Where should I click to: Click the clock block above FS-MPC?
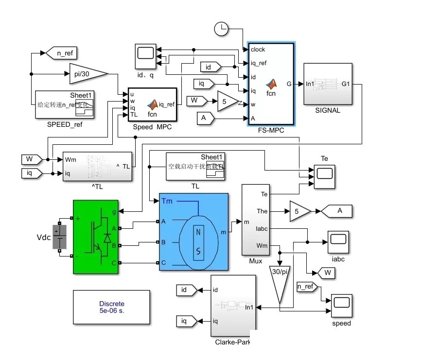(x=221, y=29)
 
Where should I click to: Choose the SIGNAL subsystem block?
(x=328, y=84)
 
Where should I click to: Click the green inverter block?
(x=95, y=238)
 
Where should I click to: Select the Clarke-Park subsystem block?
(x=233, y=306)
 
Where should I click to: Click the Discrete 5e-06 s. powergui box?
(x=111, y=307)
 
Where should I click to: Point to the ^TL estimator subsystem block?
(x=97, y=167)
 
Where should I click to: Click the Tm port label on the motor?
(x=166, y=201)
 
